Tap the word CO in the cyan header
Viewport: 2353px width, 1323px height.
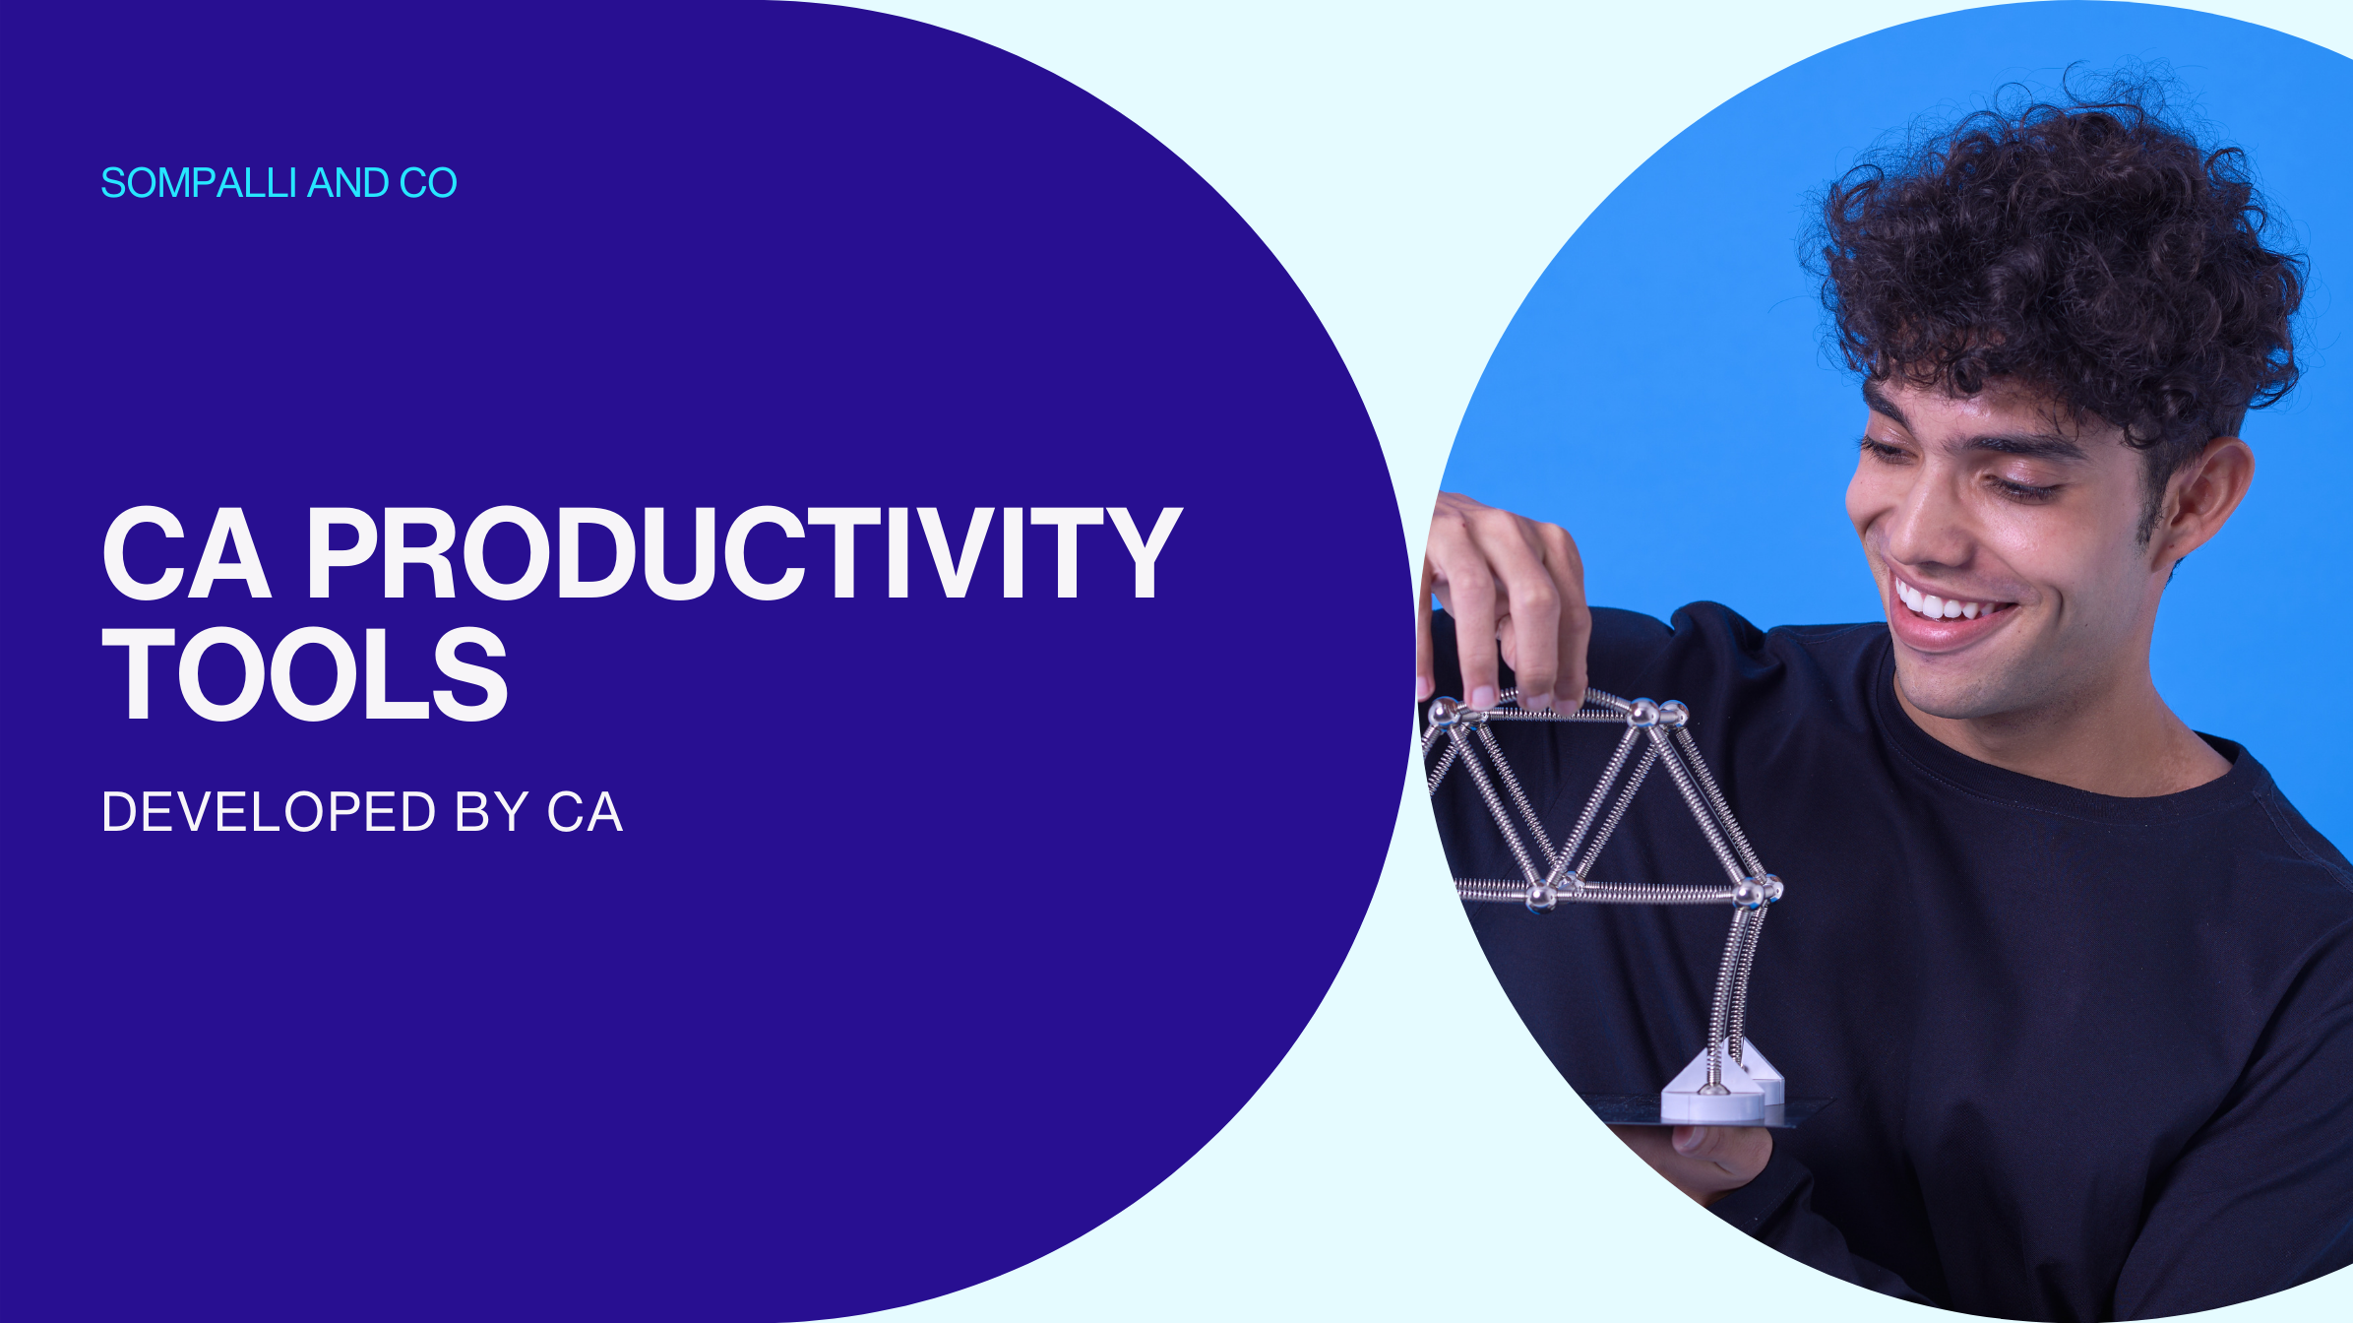coord(428,183)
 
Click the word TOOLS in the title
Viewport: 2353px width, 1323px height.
coord(305,675)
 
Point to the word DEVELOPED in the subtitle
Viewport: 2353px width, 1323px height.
coord(269,812)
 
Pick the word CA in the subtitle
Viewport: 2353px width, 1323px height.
coord(585,812)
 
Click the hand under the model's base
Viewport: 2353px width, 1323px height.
coord(1722,1152)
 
